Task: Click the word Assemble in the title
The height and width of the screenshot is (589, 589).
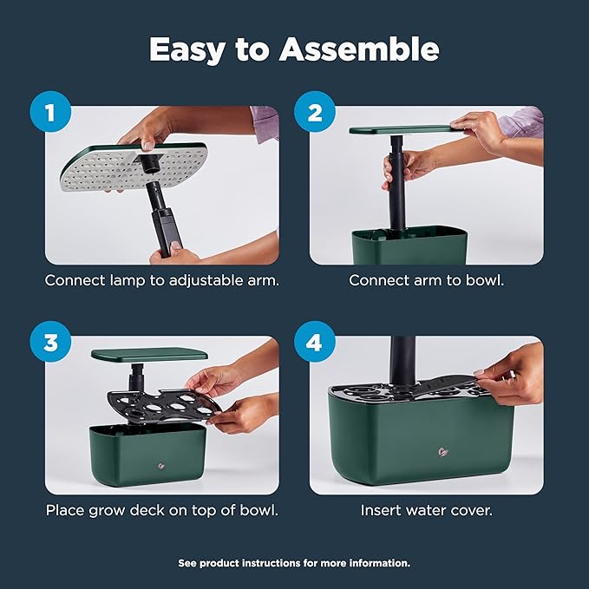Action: tap(359, 49)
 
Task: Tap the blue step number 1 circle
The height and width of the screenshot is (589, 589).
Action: tap(50, 112)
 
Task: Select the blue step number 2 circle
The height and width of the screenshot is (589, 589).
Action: tap(315, 112)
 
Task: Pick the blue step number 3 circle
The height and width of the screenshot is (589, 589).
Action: tap(50, 342)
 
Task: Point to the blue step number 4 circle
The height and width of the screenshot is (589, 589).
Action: tap(315, 342)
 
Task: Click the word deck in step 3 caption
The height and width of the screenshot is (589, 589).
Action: tap(147, 510)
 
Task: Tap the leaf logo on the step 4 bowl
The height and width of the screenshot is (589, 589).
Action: tap(443, 452)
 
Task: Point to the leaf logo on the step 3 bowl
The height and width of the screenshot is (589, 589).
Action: tap(161, 466)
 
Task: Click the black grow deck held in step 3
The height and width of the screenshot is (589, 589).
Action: tap(164, 407)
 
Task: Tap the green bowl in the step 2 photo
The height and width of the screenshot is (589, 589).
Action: tap(409, 245)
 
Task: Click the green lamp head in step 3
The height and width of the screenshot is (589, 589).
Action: tap(149, 355)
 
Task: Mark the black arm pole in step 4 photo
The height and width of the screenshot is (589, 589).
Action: tap(403, 362)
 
